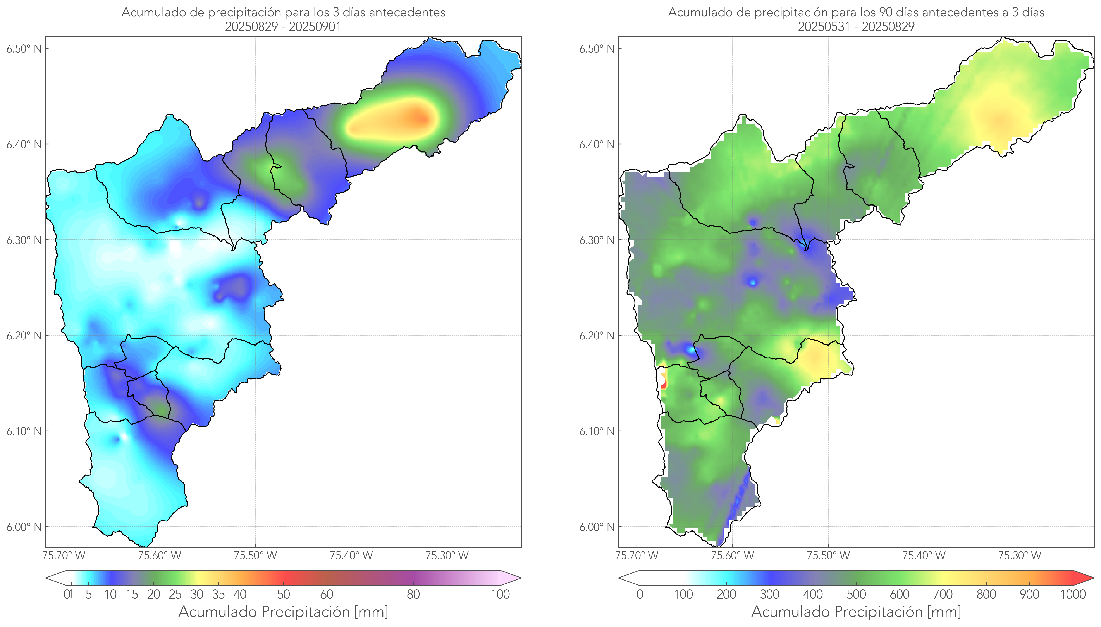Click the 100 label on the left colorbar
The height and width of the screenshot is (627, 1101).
(500, 594)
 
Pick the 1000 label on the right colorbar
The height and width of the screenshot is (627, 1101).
(1073, 594)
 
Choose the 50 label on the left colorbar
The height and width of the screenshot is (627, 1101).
(283, 594)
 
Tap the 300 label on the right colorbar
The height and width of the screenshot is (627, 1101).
(769, 594)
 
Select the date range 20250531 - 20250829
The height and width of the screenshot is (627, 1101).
(856, 27)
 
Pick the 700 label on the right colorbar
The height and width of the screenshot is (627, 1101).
(943, 594)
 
